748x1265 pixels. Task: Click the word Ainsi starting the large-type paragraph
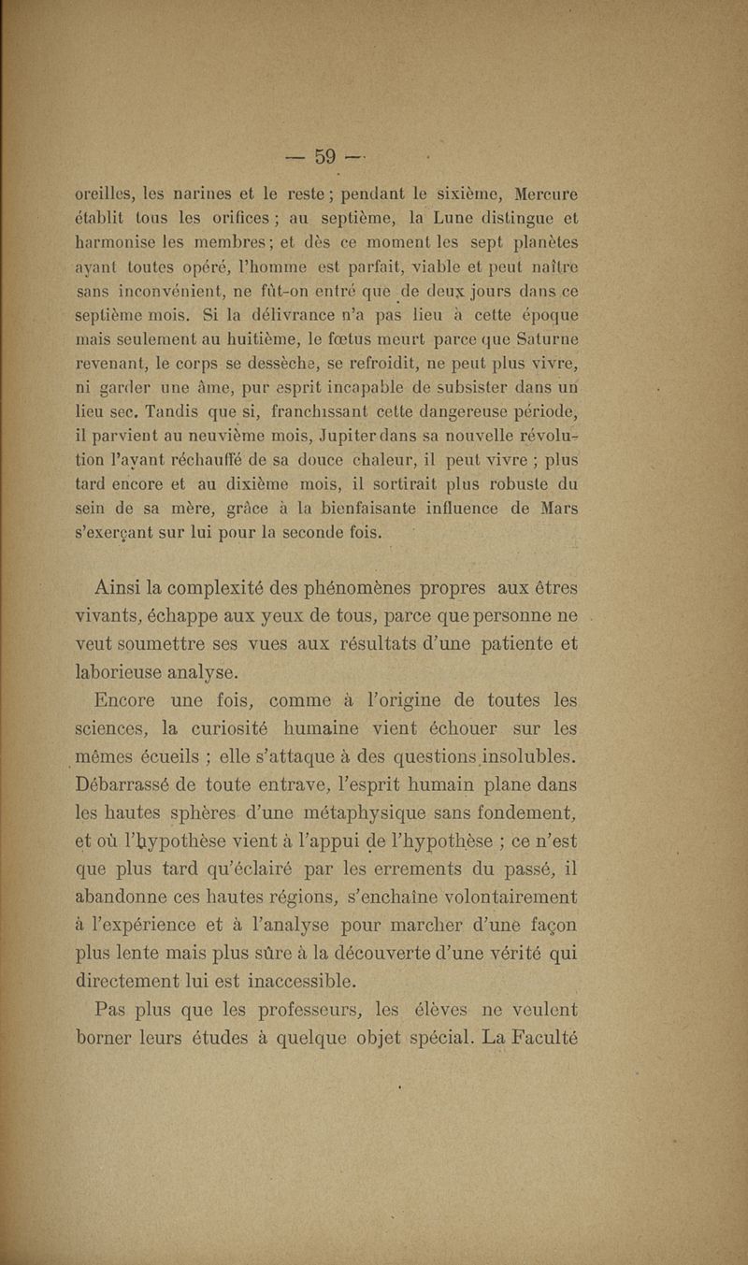124,587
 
